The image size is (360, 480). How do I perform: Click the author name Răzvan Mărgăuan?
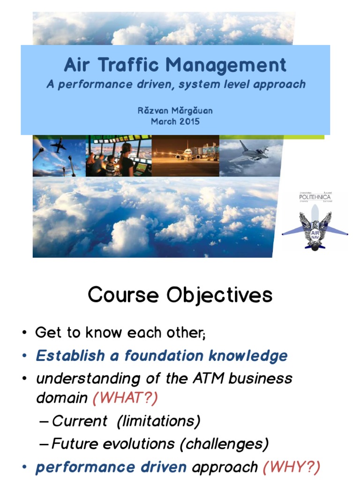coord(175,111)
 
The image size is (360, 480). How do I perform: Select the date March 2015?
coord(175,121)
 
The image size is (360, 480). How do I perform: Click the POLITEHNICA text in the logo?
coord(315,197)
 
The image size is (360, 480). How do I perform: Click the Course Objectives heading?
coord(180,295)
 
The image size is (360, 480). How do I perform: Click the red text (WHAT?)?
coord(125,398)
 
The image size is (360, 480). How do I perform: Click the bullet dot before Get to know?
coord(24,334)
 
